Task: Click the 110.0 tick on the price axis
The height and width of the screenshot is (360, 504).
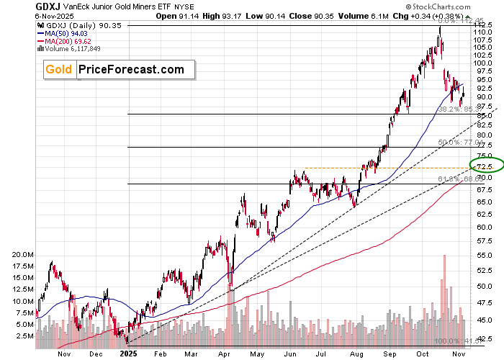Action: point(483,32)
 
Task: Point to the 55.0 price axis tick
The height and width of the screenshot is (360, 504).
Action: point(483,256)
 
